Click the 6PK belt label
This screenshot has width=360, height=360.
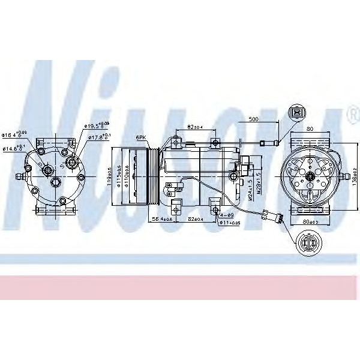pos(142,137)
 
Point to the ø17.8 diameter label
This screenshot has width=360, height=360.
pos(100,137)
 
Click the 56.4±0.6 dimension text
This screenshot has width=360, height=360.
pos(161,219)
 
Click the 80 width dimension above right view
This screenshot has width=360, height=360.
pos(310,128)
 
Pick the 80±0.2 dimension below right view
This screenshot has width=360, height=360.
pos(310,221)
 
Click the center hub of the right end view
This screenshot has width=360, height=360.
pos(310,176)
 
